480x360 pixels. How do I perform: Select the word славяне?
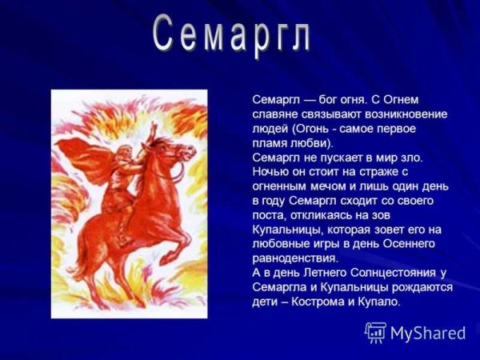[275, 114]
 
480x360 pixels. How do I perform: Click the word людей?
[269, 128]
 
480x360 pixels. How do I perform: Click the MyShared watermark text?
[427, 333]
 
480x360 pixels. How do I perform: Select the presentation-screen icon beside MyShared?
[376, 332]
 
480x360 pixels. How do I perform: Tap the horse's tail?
[80, 256]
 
